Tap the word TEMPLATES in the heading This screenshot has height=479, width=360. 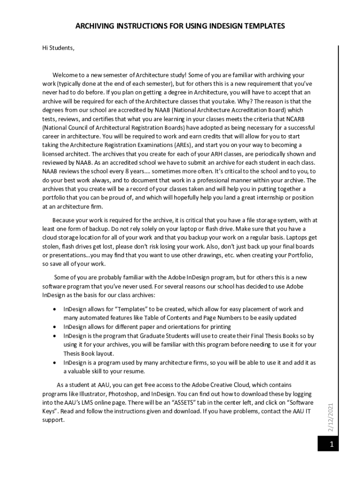point(262,26)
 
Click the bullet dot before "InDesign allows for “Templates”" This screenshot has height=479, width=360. point(56,309)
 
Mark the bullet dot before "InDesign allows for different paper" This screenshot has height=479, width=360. point(56,327)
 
